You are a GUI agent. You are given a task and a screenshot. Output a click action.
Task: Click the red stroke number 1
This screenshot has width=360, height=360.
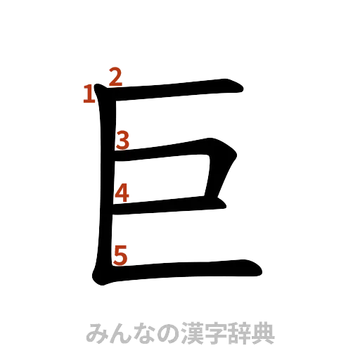pos(88,94)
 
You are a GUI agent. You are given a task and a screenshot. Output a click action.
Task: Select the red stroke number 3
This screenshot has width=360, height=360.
pos(122,141)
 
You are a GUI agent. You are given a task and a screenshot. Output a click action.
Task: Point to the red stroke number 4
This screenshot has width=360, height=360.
pos(122,193)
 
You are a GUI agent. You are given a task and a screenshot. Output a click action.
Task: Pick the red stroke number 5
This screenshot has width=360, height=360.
pos(120,256)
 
